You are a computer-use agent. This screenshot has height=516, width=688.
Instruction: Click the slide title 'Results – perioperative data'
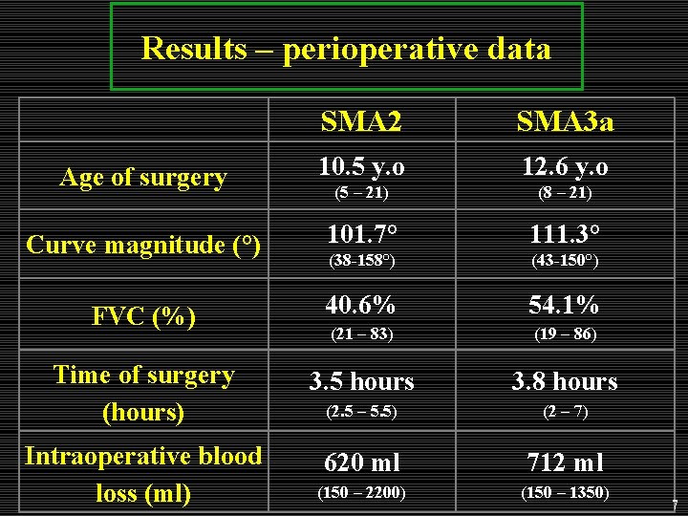tap(346, 48)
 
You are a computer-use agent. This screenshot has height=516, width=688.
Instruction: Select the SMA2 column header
tap(361, 121)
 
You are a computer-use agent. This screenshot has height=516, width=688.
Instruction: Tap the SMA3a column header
tap(565, 121)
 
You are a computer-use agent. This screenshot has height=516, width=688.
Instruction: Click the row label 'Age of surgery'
tap(143, 177)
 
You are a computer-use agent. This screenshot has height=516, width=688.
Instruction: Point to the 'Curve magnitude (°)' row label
tap(143, 245)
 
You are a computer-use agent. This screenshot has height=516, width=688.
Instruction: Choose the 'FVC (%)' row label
tap(143, 315)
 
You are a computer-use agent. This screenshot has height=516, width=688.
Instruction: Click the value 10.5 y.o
tap(361, 166)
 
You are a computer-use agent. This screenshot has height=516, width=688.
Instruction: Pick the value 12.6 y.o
tap(565, 166)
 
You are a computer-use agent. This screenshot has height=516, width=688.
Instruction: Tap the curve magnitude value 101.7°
tap(361, 235)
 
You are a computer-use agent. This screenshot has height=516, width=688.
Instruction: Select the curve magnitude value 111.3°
tap(565, 235)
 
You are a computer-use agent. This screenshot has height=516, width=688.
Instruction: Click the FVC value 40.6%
tap(361, 305)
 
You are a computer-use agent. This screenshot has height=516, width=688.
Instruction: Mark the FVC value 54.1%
tap(565, 305)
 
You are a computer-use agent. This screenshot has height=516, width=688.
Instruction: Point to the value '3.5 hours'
tap(361, 382)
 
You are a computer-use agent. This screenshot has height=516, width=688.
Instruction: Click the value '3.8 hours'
tap(565, 382)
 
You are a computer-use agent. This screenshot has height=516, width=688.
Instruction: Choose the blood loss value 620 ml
tap(361, 463)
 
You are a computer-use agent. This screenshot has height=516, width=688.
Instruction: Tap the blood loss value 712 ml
tap(565, 463)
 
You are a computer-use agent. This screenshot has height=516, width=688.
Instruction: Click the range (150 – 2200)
tap(361, 493)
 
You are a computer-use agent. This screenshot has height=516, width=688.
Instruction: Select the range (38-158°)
tap(361, 260)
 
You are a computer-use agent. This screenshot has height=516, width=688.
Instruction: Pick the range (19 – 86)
tap(565, 334)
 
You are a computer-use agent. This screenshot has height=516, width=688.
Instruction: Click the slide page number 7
tap(675, 505)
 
